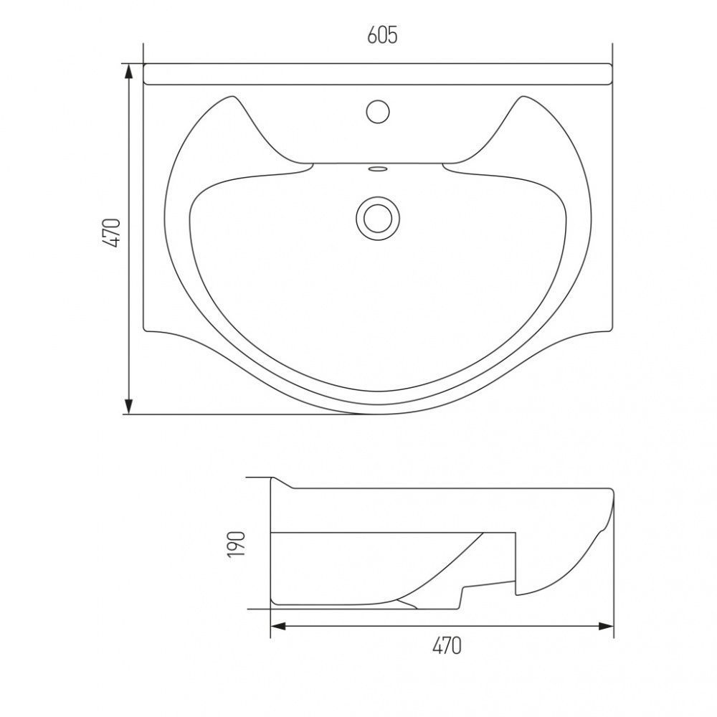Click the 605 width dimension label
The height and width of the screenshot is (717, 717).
[x=382, y=35]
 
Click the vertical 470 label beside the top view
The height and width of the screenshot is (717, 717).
[x=113, y=233]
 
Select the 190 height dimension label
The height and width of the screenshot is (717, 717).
[x=237, y=544]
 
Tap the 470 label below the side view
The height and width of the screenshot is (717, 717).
[x=447, y=646]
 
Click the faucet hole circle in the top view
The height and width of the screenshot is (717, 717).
[x=378, y=112]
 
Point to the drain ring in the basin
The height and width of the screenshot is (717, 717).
[x=378, y=218]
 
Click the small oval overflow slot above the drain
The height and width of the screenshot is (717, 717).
[x=378, y=168]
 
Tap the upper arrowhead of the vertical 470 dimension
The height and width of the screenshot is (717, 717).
[x=129, y=71]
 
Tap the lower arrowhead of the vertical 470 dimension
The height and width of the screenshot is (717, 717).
[x=129, y=407]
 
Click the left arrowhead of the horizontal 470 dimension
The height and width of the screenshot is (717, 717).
[x=278, y=626]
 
